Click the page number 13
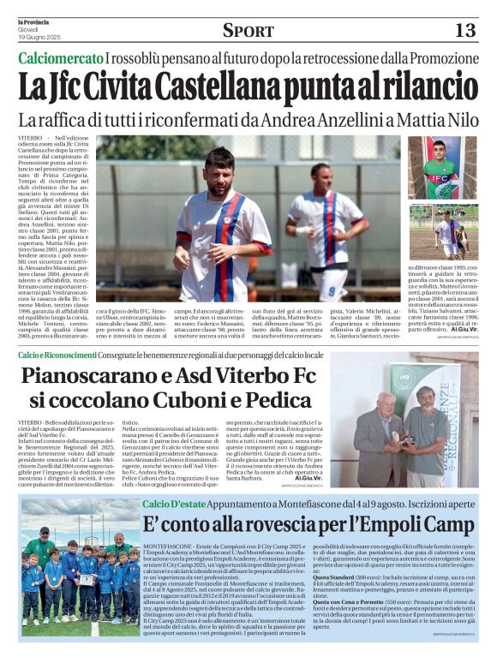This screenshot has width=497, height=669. point(464,31)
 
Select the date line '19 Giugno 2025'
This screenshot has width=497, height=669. point(41,37)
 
